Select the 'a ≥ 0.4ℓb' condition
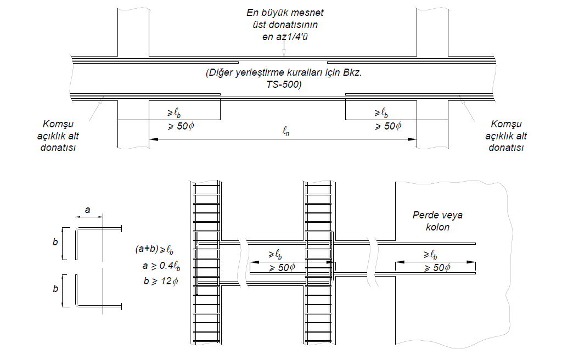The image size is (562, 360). [x=161, y=266]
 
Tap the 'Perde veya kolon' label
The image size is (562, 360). [x=437, y=221]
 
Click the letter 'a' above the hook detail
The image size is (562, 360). [x=87, y=210]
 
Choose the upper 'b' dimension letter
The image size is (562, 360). [x=55, y=241]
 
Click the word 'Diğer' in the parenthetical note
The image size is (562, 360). [x=219, y=73]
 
